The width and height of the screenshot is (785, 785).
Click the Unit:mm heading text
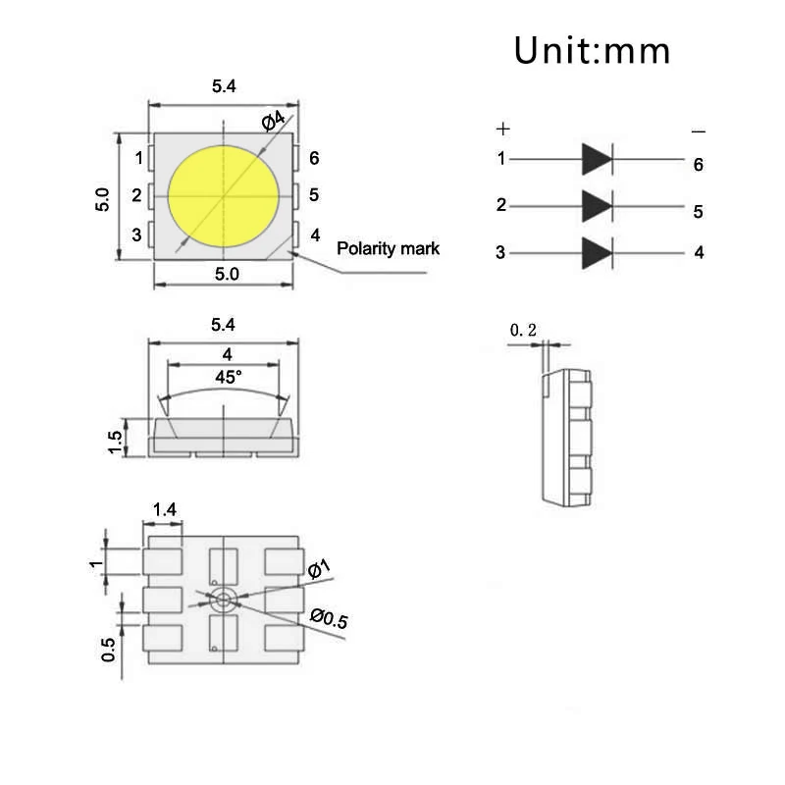coord(592,49)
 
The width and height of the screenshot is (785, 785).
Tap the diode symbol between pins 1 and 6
coord(597,158)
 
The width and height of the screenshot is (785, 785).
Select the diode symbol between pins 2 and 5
coord(597,205)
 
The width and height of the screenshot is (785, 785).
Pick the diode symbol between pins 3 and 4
coord(597,252)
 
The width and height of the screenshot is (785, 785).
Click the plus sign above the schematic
coord(503,129)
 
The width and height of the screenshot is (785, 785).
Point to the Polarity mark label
coord(388,248)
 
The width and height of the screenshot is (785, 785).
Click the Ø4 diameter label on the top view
coord(274,121)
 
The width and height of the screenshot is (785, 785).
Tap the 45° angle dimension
coord(228,376)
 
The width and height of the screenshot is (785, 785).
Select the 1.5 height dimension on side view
coord(115,442)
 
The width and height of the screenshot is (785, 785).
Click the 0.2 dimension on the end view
coord(523,332)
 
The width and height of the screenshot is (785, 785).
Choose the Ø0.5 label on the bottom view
coord(329,619)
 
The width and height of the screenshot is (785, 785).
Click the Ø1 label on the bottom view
coord(319,570)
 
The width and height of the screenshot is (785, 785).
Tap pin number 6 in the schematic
coord(698,165)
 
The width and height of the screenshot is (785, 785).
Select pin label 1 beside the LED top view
coord(139,158)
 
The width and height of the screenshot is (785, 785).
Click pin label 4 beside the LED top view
coord(314,235)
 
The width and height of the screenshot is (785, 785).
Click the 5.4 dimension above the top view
coord(224,86)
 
